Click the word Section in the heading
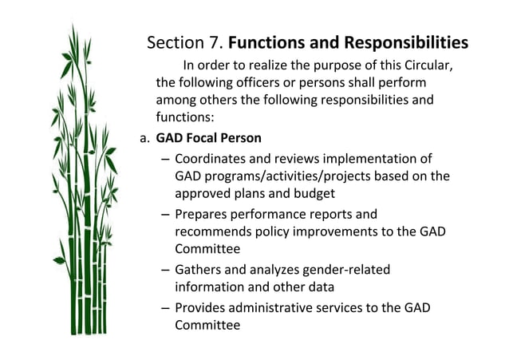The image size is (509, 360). point(173,42)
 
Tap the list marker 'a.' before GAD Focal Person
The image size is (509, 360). point(144,137)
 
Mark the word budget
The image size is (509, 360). point(311,193)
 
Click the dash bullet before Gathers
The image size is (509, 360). point(164,270)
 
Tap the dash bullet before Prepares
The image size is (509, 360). point(164,215)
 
